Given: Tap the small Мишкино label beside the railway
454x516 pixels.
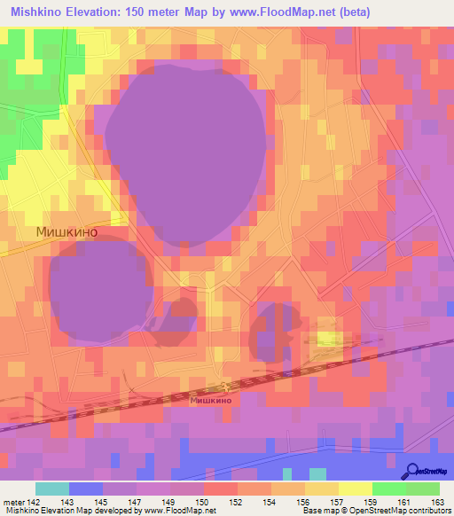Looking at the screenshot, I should [211, 400].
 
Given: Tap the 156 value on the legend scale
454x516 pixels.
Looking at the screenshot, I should [304, 502].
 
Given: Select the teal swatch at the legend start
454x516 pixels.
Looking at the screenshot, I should [52, 489].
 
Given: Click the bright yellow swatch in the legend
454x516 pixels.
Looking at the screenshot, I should [356, 489].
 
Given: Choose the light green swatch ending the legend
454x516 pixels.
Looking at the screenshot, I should [423, 489].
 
